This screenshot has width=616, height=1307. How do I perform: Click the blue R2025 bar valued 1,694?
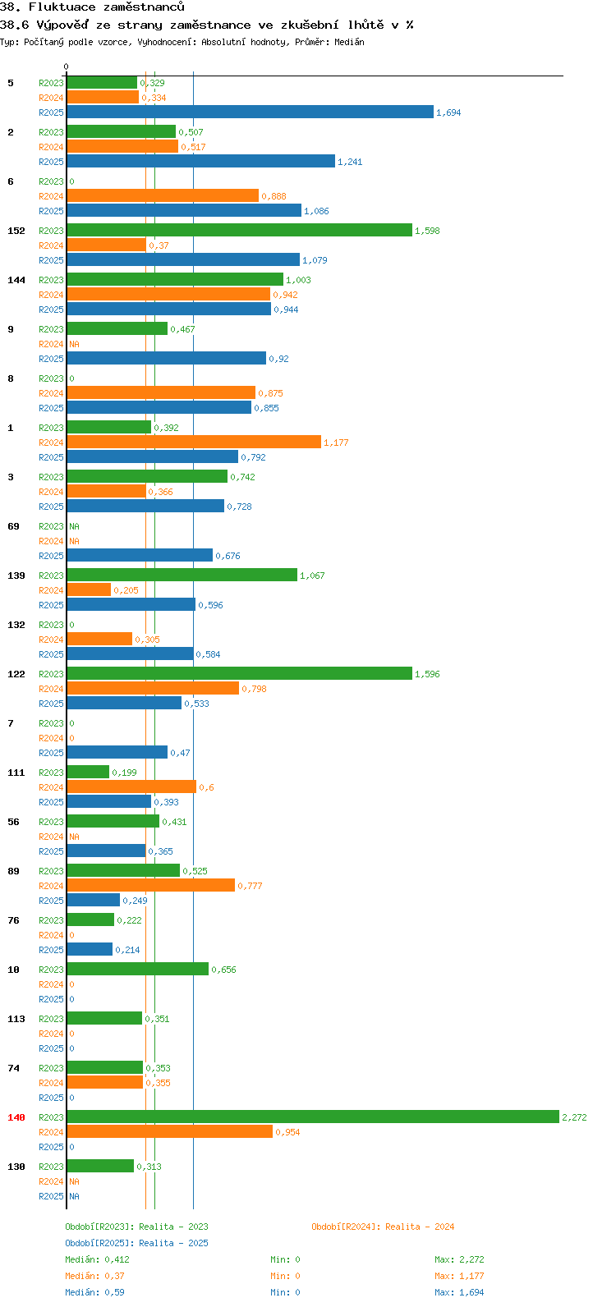click(251, 112)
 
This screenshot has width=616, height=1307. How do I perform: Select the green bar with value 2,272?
click(313, 1117)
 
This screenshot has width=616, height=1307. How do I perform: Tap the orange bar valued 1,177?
click(194, 443)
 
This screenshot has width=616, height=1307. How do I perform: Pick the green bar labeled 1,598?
click(239, 231)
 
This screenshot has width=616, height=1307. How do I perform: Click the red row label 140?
click(16, 1117)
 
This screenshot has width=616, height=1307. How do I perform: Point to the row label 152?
click(16, 231)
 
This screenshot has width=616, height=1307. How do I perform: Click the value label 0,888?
click(274, 196)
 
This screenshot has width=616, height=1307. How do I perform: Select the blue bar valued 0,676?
click(140, 556)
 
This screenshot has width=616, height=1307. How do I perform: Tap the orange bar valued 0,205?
click(89, 590)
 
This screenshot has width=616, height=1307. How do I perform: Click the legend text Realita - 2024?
click(420, 1227)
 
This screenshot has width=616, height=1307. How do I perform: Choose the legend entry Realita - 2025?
click(173, 1243)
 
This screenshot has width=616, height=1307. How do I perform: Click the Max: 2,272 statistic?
click(459, 1259)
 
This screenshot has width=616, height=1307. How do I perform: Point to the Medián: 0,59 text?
click(94, 1292)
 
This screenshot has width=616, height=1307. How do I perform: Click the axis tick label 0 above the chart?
click(66, 66)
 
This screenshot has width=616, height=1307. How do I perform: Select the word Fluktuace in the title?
click(62, 7)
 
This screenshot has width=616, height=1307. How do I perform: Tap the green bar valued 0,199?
click(88, 772)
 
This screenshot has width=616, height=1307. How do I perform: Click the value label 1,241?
click(350, 162)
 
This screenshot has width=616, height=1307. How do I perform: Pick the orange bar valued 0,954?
click(170, 1131)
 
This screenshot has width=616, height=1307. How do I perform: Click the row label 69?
click(13, 526)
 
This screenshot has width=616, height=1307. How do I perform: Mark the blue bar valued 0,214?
click(90, 949)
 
